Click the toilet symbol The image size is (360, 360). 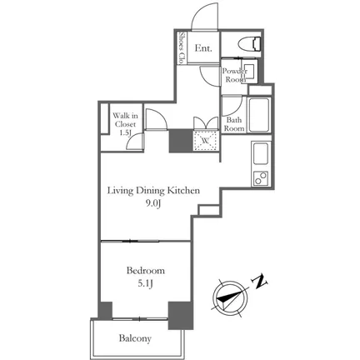pyautogui.click(x=250, y=44)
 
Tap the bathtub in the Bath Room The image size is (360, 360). pyautogui.click(x=259, y=115)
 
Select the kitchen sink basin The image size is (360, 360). pyautogui.click(x=261, y=153)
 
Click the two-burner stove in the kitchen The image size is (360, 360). pyautogui.click(x=261, y=177)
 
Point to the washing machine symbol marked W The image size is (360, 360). pyautogui.click(x=206, y=141)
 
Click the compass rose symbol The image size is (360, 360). pyautogui.click(x=230, y=298)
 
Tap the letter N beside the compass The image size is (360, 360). pyautogui.click(x=259, y=282)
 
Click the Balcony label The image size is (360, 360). pyautogui.click(x=135, y=338)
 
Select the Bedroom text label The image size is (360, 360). pyautogui.click(x=146, y=270)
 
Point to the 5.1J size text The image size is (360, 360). pyautogui.click(x=146, y=284)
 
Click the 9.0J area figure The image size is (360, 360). pyautogui.click(x=153, y=204)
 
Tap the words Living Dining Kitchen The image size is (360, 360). pyautogui.click(x=153, y=191)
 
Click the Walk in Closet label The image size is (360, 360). pyautogui.click(x=125, y=124)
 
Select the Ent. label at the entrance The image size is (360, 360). pyautogui.click(x=203, y=48)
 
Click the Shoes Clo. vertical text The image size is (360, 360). pyautogui.click(x=182, y=48)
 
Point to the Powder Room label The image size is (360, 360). pyautogui.click(x=235, y=75)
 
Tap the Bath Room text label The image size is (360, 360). pyautogui.click(x=234, y=124)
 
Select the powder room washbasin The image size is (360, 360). pyautogui.click(x=249, y=72)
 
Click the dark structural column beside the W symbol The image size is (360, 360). pyautogui.click(x=181, y=141)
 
